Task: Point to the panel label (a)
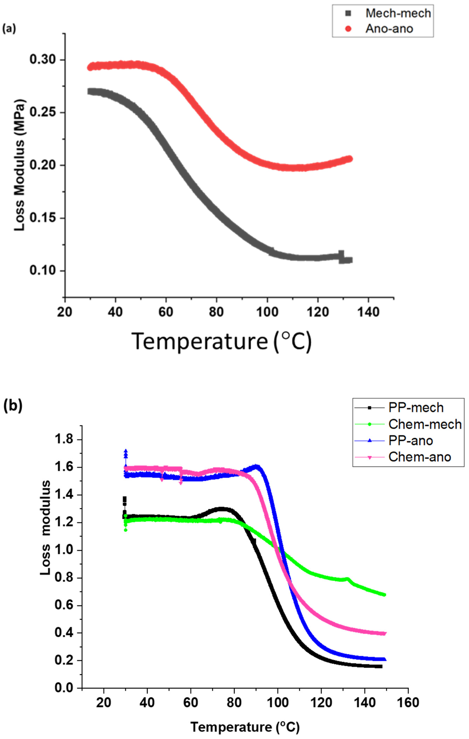(9, 29)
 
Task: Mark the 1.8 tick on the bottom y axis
(64, 439)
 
